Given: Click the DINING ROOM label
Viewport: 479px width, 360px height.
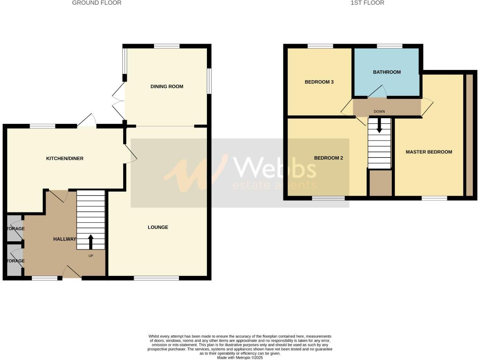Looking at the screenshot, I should tap(167, 87).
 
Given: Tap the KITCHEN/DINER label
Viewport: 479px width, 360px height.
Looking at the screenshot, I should tap(65, 159).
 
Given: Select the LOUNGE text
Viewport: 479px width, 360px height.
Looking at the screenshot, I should tap(158, 227).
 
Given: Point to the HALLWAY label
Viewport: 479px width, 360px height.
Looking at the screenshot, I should tap(65, 239).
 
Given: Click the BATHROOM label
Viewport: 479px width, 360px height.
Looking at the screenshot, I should tap(387, 72).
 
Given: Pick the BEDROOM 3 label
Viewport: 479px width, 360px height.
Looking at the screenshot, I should tap(319, 82).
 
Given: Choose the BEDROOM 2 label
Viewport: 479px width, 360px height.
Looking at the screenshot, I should tap(328, 158).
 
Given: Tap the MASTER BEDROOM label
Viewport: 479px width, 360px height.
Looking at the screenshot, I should tap(429, 152).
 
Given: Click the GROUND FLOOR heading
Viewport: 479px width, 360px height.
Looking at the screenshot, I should tap(97, 3).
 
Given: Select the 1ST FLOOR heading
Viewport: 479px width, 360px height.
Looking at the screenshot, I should tap(367, 3).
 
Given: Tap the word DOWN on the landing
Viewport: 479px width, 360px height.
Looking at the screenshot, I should tap(379, 111).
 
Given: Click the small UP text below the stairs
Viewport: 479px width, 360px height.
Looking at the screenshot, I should tap(91, 256).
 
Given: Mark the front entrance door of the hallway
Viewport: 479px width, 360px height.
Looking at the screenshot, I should tap(72, 272).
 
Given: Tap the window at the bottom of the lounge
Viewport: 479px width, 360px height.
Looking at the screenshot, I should tap(156, 278).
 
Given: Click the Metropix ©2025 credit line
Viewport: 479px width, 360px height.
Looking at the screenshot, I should tap(240, 358).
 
